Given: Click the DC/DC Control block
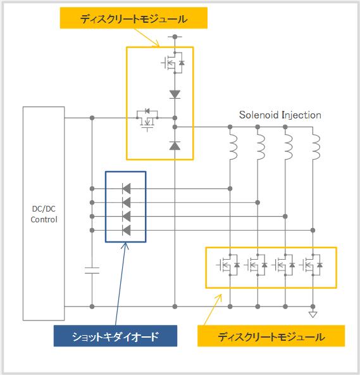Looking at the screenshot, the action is click(44, 213).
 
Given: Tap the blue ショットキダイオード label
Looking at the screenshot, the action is click(115, 336).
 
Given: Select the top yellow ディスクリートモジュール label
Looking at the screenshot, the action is click(133, 18).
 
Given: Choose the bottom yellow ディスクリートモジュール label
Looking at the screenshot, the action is click(271, 336).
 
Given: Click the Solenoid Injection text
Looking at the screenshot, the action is click(280, 115).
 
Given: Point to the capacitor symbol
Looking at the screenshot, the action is click(92, 270).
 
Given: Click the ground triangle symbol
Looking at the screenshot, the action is click(313, 314).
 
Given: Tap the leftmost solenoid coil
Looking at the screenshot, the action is click(233, 147).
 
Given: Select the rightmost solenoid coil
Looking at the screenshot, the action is click(316, 147).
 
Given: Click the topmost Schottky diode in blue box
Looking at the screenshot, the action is click(126, 189).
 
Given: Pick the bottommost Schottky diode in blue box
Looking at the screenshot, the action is click(126, 231).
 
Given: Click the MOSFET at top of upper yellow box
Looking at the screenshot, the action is click(173, 63).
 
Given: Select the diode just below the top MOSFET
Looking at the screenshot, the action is click(175, 94).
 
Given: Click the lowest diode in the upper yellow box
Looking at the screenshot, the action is click(175, 146).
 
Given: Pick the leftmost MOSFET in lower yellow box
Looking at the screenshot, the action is click(228, 265).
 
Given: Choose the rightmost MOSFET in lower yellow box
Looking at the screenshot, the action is click(311, 265).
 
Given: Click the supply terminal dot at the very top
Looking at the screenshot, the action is click(175, 37).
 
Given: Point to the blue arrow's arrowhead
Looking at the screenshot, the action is click(125, 245).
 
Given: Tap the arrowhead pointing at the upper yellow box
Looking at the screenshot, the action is click(157, 44).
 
